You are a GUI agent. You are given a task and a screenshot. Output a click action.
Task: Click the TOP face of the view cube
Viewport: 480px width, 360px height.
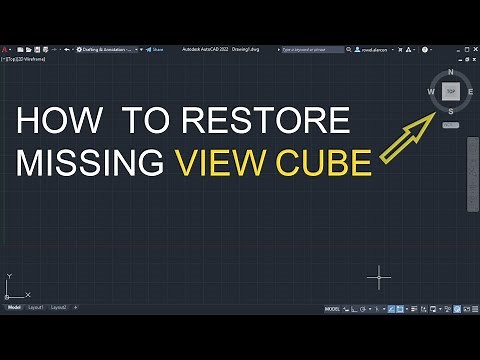point(452,90)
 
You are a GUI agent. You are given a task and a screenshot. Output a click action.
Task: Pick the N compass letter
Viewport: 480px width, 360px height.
point(452,72)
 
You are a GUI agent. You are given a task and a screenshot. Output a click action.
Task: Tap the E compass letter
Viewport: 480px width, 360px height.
point(470,91)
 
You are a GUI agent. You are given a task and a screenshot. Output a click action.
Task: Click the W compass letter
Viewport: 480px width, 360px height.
point(432,91)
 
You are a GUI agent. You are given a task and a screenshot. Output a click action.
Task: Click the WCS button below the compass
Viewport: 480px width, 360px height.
point(451,124)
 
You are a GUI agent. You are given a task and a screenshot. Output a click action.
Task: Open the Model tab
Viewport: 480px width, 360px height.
point(14,307)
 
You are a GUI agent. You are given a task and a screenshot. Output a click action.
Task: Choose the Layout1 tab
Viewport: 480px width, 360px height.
point(36,307)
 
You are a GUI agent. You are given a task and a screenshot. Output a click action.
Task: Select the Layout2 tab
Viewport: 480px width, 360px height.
point(59,307)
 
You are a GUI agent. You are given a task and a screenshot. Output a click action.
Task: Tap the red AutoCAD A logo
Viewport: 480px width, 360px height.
point(6,47)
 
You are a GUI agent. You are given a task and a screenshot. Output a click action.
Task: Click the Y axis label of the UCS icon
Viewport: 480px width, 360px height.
point(8,275)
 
